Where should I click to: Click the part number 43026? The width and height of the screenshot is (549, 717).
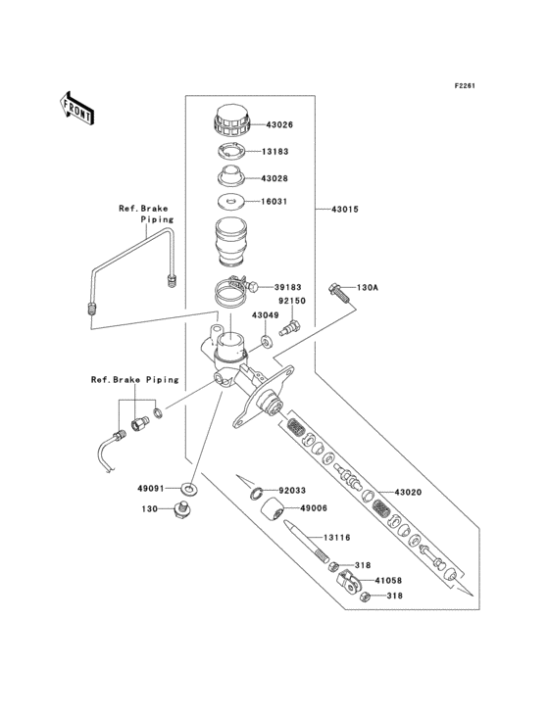pos(275,124)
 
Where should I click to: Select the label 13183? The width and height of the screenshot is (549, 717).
pos(275,152)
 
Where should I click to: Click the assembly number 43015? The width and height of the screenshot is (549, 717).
pos(346,210)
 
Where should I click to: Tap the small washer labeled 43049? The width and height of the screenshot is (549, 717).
pos(266,344)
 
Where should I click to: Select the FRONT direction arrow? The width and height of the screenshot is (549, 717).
pos(77,106)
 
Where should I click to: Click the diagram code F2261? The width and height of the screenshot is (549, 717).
pos(464,86)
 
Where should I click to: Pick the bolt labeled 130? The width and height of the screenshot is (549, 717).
pos(180,508)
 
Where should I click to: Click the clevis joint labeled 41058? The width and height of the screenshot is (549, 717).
pos(344,584)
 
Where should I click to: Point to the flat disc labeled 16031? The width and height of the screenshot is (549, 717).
pos(231,203)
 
